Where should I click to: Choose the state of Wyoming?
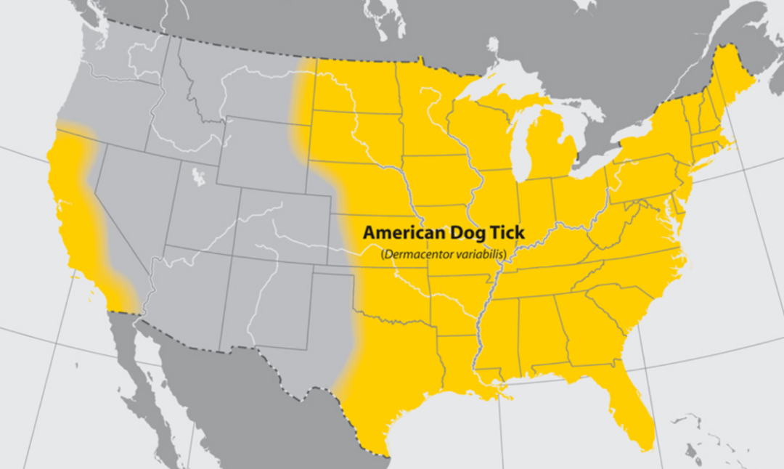[258, 149]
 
